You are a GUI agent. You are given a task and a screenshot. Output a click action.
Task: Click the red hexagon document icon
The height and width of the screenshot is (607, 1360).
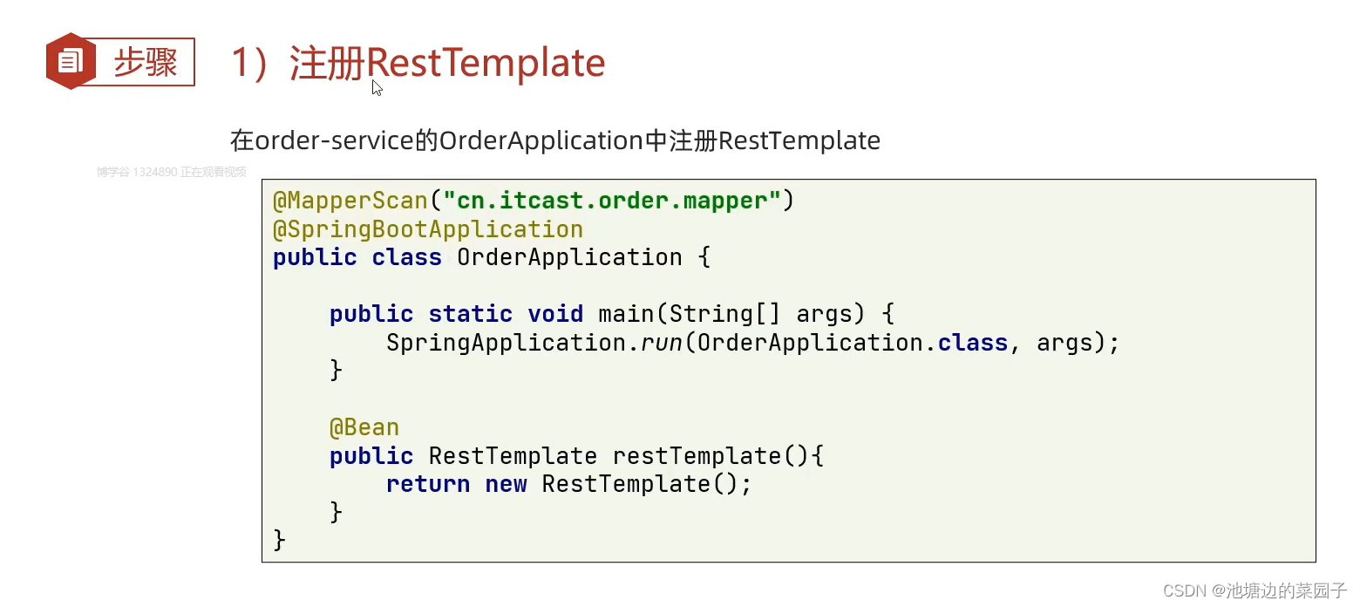click(x=71, y=61)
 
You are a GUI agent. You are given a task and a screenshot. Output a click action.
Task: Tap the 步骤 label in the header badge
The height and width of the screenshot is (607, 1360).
click(x=145, y=62)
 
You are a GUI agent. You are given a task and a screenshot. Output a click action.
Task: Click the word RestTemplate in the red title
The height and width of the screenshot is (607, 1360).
click(x=486, y=63)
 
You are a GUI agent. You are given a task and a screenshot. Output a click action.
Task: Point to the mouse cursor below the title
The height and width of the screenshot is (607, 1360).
click(x=377, y=87)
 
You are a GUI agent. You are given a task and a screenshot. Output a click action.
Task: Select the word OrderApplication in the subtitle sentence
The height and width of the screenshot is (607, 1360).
click(x=541, y=140)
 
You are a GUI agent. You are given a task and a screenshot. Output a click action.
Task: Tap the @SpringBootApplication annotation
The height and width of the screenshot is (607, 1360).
click(x=428, y=229)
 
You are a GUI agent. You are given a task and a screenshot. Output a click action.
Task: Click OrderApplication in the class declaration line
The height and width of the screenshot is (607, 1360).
click(x=569, y=257)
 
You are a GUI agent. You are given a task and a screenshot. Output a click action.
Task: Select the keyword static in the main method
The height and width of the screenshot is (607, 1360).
click(x=470, y=314)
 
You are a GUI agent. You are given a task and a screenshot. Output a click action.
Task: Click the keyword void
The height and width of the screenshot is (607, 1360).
click(x=555, y=314)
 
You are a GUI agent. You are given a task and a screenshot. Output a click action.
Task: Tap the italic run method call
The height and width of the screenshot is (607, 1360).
click(x=662, y=343)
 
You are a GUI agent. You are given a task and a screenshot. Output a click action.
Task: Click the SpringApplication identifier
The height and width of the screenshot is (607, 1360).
click(x=506, y=343)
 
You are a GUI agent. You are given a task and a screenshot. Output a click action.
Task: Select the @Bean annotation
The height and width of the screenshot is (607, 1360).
click(x=364, y=427)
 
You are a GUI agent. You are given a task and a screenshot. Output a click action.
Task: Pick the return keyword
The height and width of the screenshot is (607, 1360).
click(x=428, y=484)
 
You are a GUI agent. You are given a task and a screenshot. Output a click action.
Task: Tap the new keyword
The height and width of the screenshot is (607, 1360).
click(x=506, y=484)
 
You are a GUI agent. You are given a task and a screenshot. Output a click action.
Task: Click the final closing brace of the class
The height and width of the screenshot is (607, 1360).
click(x=280, y=540)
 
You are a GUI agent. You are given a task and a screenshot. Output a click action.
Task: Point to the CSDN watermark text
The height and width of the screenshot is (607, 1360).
click(x=1255, y=590)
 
